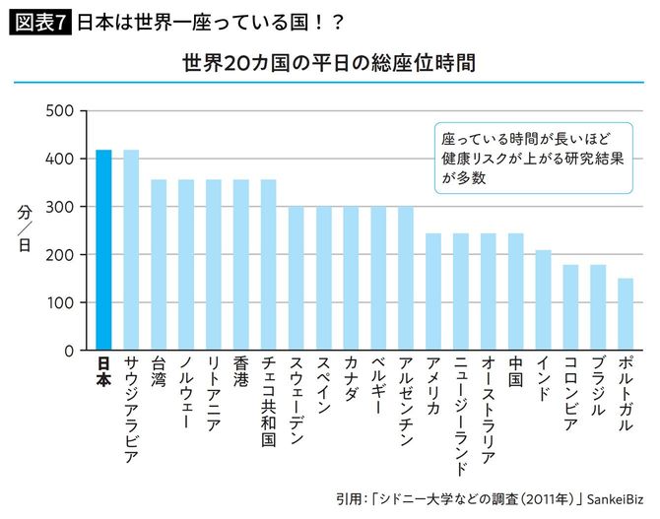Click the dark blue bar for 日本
tap(103, 250)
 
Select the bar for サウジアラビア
tap(131, 250)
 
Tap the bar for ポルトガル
tap(625, 314)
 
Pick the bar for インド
tap(543, 300)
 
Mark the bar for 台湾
tap(159, 265)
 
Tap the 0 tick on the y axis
tap(67, 351)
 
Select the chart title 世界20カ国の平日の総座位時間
tap(329, 64)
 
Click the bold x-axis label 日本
tap(103, 373)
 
